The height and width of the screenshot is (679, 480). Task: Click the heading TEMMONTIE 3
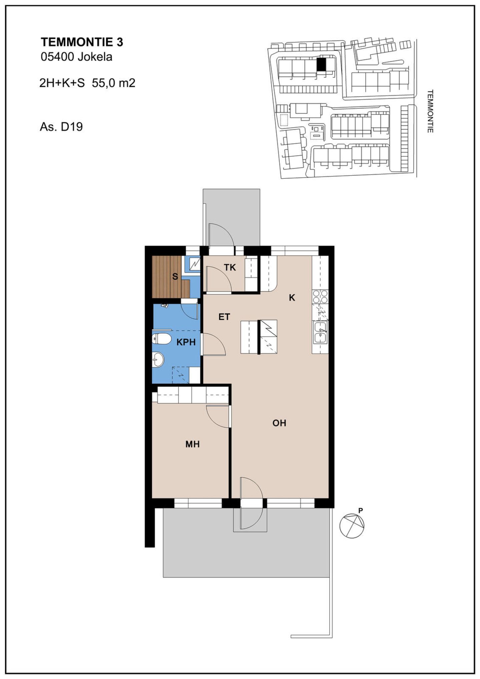pyautogui.click(x=82, y=42)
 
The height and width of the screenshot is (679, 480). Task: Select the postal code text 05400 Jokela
pyautogui.click(x=76, y=57)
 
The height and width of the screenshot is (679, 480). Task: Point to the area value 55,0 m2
pyautogui.click(x=114, y=83)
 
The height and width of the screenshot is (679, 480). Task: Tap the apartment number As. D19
pyautogui.click(x=61, y=127)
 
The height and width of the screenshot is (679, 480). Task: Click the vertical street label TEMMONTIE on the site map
pyautogui.click(x=430, y=111)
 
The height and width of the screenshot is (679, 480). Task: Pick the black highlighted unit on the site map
pyautogui.click(x=321, y=64)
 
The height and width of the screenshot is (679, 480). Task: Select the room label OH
pyautogui.click(x=279, y=423)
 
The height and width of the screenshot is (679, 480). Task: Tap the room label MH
pyautogui.click(x=192, y=444)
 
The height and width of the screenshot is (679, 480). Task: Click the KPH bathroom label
pyautogui.click(x=186, y=342)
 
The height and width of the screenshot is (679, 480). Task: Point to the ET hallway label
pyautogui.click(x=224, y=317)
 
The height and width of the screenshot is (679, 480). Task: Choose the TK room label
pyautogui.click(x=230, y=267)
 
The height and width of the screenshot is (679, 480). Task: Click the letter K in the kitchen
pyautogui.click(x=292, y=298)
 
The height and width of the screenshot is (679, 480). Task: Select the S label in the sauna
pyautogui.click(x=175, y=276)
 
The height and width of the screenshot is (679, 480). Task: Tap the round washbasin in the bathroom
pyautogui.click(x=158, y=360)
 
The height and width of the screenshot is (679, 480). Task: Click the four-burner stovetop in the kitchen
pyautogui.click(x=320, y=296)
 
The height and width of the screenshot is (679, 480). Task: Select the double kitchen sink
pyautogui.click(x=320, y=332)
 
